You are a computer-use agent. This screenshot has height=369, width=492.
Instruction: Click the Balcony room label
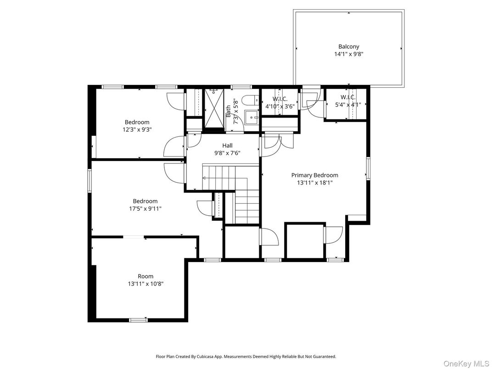[349, 46]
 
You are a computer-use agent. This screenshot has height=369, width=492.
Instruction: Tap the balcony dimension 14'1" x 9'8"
[349, 54]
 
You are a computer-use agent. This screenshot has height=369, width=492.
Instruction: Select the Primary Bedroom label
[315, 175]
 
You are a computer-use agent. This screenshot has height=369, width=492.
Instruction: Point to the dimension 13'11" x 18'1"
[315, 182]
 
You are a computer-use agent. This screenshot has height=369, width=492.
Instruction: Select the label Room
[145, 276]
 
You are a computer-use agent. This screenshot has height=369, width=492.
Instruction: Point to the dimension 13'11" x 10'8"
[145, 284]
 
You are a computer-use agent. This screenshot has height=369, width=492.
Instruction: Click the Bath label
[228, 111]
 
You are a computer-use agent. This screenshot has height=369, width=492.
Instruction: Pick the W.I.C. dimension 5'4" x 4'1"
[348, 105]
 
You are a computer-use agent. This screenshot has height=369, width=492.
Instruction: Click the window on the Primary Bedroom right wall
[367, 168]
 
